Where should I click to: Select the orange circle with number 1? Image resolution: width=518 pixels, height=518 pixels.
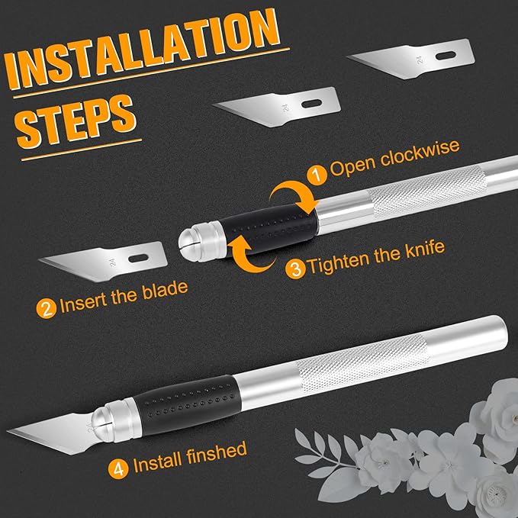[316, 169]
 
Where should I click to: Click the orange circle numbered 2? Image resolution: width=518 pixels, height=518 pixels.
[47, 308]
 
